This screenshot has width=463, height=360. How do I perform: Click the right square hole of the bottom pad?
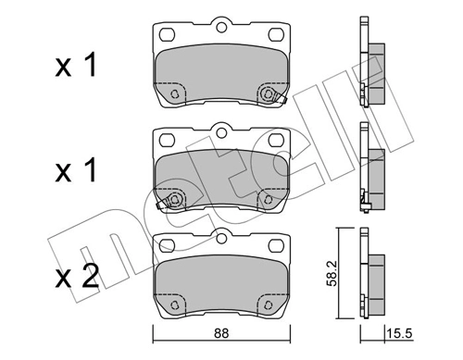[x=274, y=245]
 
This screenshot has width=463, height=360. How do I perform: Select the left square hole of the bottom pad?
[x=166, y=245]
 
